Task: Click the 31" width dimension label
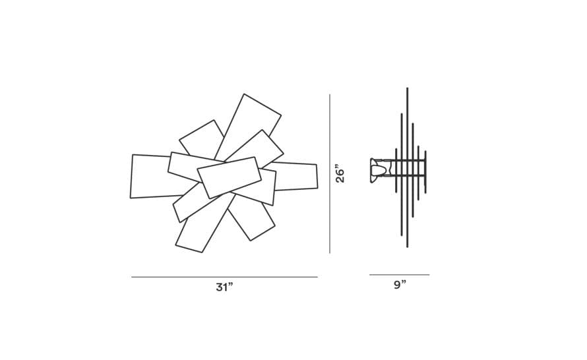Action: [x=224, y=287]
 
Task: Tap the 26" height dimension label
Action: [x=340, y=173]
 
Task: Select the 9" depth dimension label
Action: [x=400, y=285]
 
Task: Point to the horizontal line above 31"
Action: [x=225, y=277]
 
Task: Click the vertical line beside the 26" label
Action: [x=330, y=173]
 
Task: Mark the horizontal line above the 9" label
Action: [x=400, y=275]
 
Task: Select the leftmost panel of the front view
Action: [x=150, y=176]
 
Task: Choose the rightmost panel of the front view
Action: [x=295, y=176]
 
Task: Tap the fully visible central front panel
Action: [x=229, y=177]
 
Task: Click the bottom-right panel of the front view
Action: [x=251, y=218]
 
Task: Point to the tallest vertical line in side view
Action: [x=408, y=167]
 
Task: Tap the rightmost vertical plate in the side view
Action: [x=425, y=172]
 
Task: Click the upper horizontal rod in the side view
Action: [x=406, y=160]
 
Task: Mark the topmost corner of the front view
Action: [x=244, y=94]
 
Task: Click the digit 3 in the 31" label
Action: [x=220, y=287]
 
